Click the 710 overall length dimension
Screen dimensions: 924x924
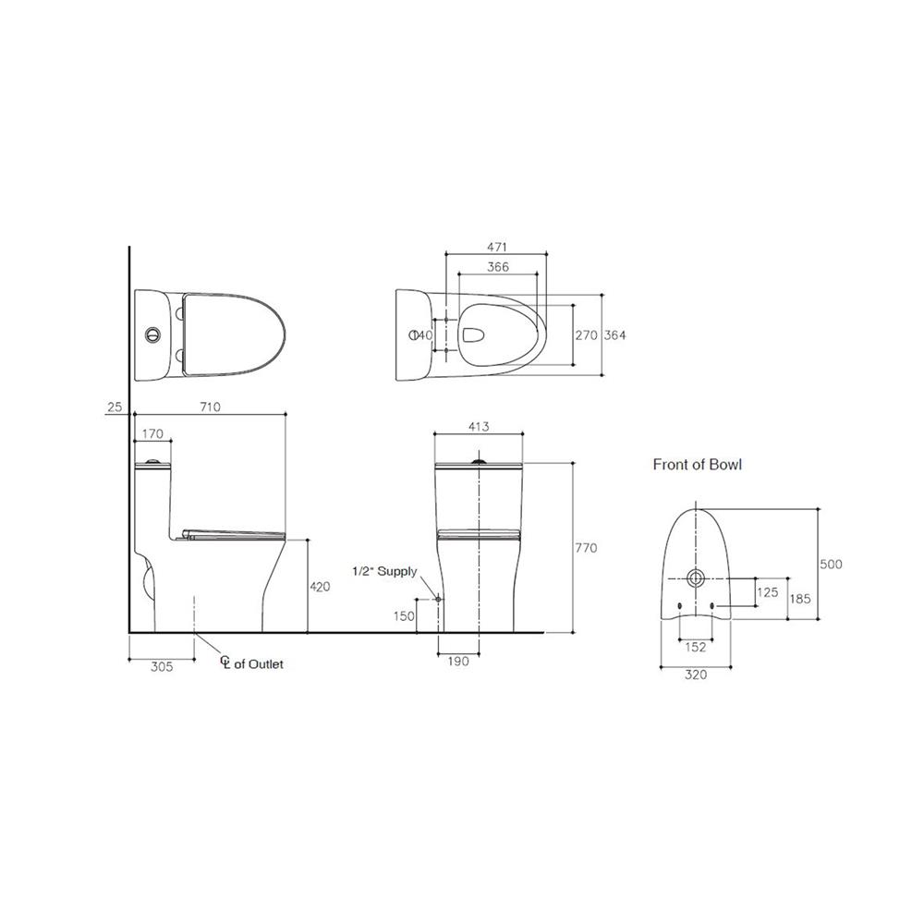[x=211, y=407]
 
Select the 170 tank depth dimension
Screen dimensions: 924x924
[x=152, y=433]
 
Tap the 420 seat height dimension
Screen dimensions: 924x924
[x=320, y=587]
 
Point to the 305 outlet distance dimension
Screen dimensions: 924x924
[x=162, y=666]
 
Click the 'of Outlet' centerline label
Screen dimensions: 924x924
[x=259, y=664]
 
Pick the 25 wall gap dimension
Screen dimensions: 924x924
[x=115, y=407]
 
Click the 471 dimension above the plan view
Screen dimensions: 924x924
[x=497, y=247]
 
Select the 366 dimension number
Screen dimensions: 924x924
[x=498, y=267]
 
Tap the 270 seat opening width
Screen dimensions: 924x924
[x=587, y=334]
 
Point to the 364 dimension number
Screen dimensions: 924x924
[x=615, y=334]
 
